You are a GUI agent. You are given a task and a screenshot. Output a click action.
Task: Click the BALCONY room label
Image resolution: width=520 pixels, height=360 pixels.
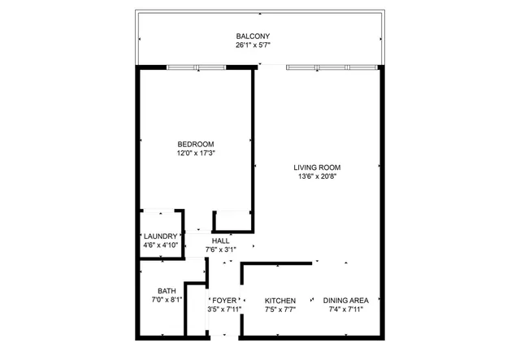coord(253,37)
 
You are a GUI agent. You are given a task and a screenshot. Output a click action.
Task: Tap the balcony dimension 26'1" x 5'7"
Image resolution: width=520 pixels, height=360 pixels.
coord(253,46)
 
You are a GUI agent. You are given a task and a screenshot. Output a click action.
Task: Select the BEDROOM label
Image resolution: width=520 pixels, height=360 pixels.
coord(196,144)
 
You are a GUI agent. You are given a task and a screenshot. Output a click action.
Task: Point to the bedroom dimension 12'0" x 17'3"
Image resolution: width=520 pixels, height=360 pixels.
coord(196,153)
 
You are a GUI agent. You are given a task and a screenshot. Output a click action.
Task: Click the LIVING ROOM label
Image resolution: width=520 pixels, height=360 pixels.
coord(318,168)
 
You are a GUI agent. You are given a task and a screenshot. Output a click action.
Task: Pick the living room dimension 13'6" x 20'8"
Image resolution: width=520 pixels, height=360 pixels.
coord(318,177)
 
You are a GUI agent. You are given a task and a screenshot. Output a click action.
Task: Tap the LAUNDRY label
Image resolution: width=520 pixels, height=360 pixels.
coord(160,236)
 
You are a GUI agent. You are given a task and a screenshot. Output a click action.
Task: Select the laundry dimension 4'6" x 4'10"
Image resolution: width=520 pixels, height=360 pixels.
coord(160,245)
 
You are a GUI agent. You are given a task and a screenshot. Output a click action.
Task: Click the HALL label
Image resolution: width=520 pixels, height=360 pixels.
coord(220,241)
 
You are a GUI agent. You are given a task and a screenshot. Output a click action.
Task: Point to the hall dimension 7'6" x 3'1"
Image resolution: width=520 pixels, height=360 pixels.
coord(220,249)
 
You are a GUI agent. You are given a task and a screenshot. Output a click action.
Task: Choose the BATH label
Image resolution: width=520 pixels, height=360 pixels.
coord(167,291)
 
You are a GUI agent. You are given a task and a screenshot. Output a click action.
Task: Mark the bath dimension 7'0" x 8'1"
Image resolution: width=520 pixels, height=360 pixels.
coord(167,300)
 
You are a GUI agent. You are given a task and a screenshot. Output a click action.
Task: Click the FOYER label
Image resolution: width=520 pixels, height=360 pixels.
coord(223,300)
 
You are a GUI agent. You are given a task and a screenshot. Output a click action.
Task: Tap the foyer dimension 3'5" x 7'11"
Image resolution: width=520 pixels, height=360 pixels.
coord(223,309)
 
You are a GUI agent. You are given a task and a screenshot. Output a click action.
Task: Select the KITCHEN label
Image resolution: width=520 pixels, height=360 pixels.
coord(280,300)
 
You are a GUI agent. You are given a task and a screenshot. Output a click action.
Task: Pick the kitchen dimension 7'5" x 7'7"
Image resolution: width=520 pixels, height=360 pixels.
coord(280,309)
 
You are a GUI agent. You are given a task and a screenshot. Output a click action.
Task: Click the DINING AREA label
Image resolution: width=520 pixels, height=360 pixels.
coord(345,300)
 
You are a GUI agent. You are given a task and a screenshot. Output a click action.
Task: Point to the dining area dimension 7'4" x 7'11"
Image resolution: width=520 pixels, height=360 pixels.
coord(345,309)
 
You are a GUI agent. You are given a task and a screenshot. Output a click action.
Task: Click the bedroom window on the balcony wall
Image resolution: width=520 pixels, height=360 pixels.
coord(196,67)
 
